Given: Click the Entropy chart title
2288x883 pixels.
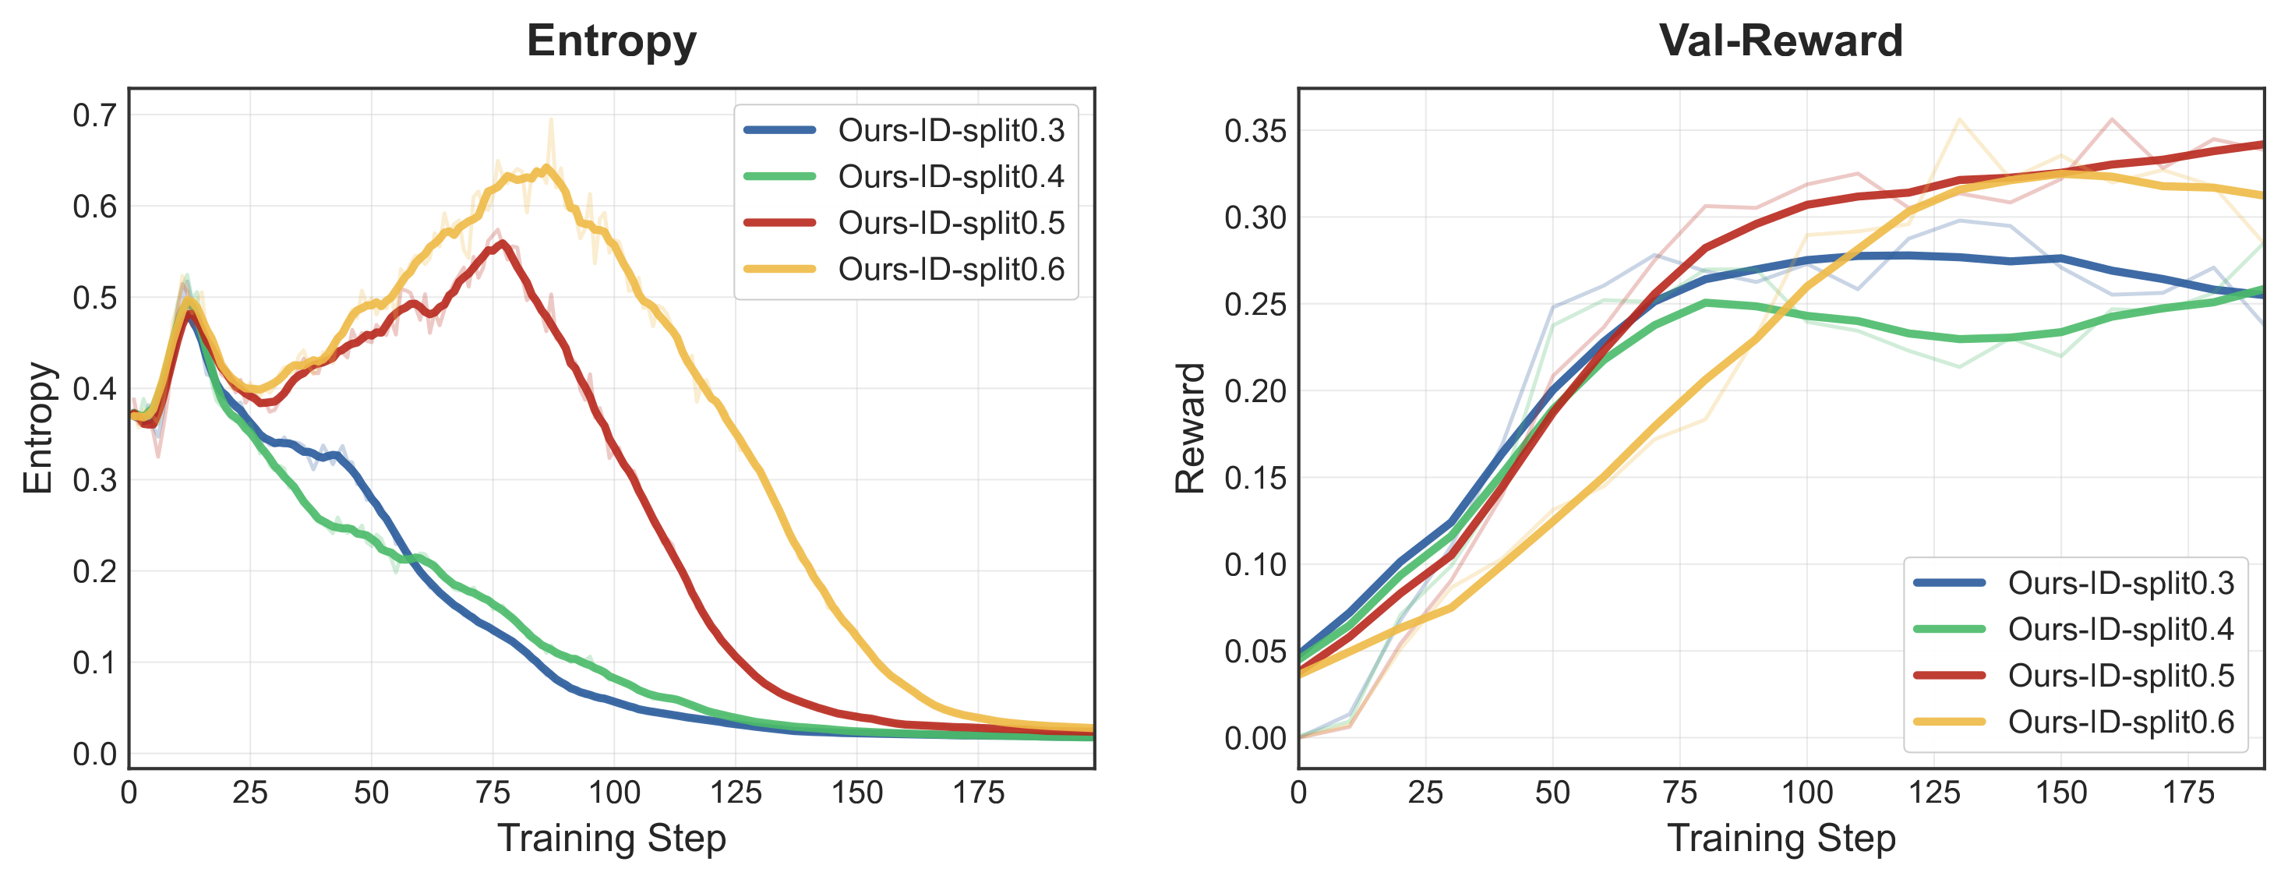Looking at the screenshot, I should tap(611, 41).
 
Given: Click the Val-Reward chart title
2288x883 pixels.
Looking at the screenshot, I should tap(1781, 41).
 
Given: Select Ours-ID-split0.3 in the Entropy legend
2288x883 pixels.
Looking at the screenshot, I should tap(951, 131).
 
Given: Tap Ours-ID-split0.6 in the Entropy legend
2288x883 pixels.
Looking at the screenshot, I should tap(951, 269).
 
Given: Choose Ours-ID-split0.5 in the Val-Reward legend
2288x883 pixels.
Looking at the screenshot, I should tap(2120, 676).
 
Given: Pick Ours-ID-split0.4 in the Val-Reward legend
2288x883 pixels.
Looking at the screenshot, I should tap(2120, 630).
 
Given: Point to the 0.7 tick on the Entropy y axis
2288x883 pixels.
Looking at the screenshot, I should tap(95, 115).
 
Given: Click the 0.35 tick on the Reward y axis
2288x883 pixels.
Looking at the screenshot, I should tap(1254, 132).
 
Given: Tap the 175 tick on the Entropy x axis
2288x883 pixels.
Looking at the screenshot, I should tap(978, 793).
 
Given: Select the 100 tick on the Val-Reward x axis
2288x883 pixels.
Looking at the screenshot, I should tap(1806, 793).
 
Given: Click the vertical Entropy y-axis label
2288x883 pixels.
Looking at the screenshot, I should tap(38, 428).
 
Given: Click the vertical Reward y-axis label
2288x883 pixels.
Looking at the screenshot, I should tap(1190, 428).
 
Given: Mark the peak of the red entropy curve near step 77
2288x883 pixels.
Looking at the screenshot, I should tap(503, 242).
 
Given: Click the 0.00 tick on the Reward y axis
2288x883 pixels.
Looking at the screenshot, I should tap(1254, 738).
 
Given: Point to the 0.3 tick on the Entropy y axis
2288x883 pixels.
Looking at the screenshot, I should tap(95, 480).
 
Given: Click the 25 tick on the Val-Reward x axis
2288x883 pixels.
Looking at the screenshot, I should tap(1425, 793).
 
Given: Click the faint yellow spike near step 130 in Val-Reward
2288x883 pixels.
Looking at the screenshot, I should tap(1958, 119).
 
